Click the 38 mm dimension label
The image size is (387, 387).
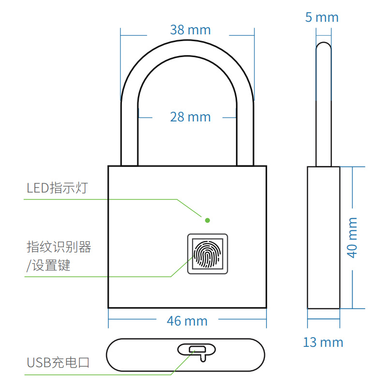190,30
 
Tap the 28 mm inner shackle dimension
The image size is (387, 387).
190,117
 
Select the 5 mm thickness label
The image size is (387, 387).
322,17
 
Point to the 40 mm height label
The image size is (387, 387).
353,237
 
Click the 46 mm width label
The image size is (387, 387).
187,321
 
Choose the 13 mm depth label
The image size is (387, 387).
323,342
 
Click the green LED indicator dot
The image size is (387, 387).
208,220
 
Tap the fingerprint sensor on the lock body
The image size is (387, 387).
208,254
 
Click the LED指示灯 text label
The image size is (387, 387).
57,188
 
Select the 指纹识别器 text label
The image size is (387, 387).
59,247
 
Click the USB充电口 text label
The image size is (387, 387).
58,362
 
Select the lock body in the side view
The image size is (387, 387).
323,237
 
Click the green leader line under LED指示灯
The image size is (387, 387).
97,199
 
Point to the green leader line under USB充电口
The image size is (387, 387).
97,374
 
